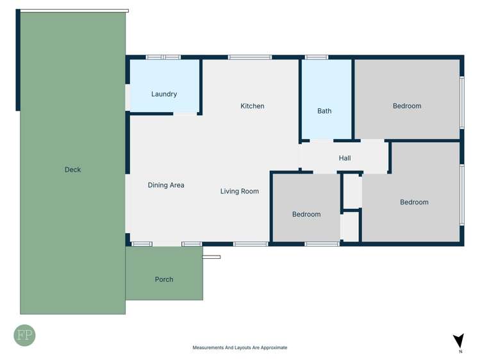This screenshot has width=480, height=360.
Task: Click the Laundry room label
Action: click(x=164, y=94)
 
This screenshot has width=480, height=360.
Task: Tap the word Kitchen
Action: click(x=252, y=106)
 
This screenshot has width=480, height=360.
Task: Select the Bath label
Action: click(x=324, y=111)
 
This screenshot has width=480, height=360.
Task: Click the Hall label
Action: click(x=345, y=158)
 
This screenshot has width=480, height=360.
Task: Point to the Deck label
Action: click(x=72, y=170)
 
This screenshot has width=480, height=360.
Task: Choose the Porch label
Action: click(x=164, y=279)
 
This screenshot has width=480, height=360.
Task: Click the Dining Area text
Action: click(x=166, y=185)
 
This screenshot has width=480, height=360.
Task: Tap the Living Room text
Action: click(x=240, y=191)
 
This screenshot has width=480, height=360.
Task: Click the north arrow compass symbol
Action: click(x=458, y=341)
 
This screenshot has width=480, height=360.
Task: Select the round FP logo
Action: click(x=25, y=336)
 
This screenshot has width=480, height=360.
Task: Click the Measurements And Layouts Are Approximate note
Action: click(x=240, y=348)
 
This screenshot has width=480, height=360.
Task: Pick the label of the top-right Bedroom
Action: click(x=407, y=106)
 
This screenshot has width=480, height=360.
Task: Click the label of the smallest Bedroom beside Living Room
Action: click(x=306, y=215)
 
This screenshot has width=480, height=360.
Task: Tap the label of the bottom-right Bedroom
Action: click(x=414, y=202)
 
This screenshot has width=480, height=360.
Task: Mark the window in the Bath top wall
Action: click(x=317, y=57)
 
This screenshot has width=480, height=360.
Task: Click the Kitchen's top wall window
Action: click(x=250, y=57)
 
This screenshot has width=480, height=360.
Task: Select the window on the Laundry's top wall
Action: click(x=163, y=57)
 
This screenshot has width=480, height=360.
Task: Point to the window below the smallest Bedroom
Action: click(x=322, y=244)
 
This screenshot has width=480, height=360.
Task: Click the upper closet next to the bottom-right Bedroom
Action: click(x=352, y=190)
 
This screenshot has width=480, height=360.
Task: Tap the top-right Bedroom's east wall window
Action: click(x=461, y=102)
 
